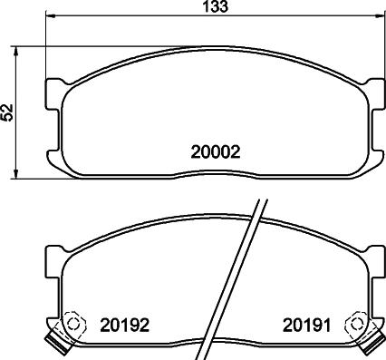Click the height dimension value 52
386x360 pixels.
click(x=8, y=112)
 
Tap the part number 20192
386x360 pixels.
click(x=125, y=323)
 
